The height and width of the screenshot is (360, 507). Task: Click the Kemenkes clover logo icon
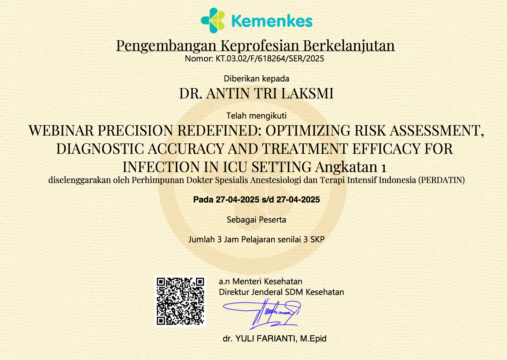(213, 21)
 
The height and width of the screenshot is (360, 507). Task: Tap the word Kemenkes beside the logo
(272, 21)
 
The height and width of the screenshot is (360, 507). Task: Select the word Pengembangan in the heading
(166, 46)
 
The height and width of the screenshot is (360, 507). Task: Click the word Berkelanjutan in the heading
(349, 46)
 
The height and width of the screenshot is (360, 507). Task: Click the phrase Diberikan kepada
(257, 79)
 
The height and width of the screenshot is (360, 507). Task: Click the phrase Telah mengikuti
(257, 116)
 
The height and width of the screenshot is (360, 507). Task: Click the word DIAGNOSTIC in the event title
(100, 149)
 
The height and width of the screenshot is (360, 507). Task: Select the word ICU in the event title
(235, 167)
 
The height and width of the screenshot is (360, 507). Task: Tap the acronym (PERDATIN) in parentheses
(441, 180)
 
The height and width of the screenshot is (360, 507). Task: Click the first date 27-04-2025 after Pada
(237, 200)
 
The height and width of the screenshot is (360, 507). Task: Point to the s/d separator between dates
(268, 200)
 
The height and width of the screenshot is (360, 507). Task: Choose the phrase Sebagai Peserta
(257, 220)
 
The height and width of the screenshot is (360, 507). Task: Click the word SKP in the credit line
(317, 240)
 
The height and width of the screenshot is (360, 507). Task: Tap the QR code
(180, 301)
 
